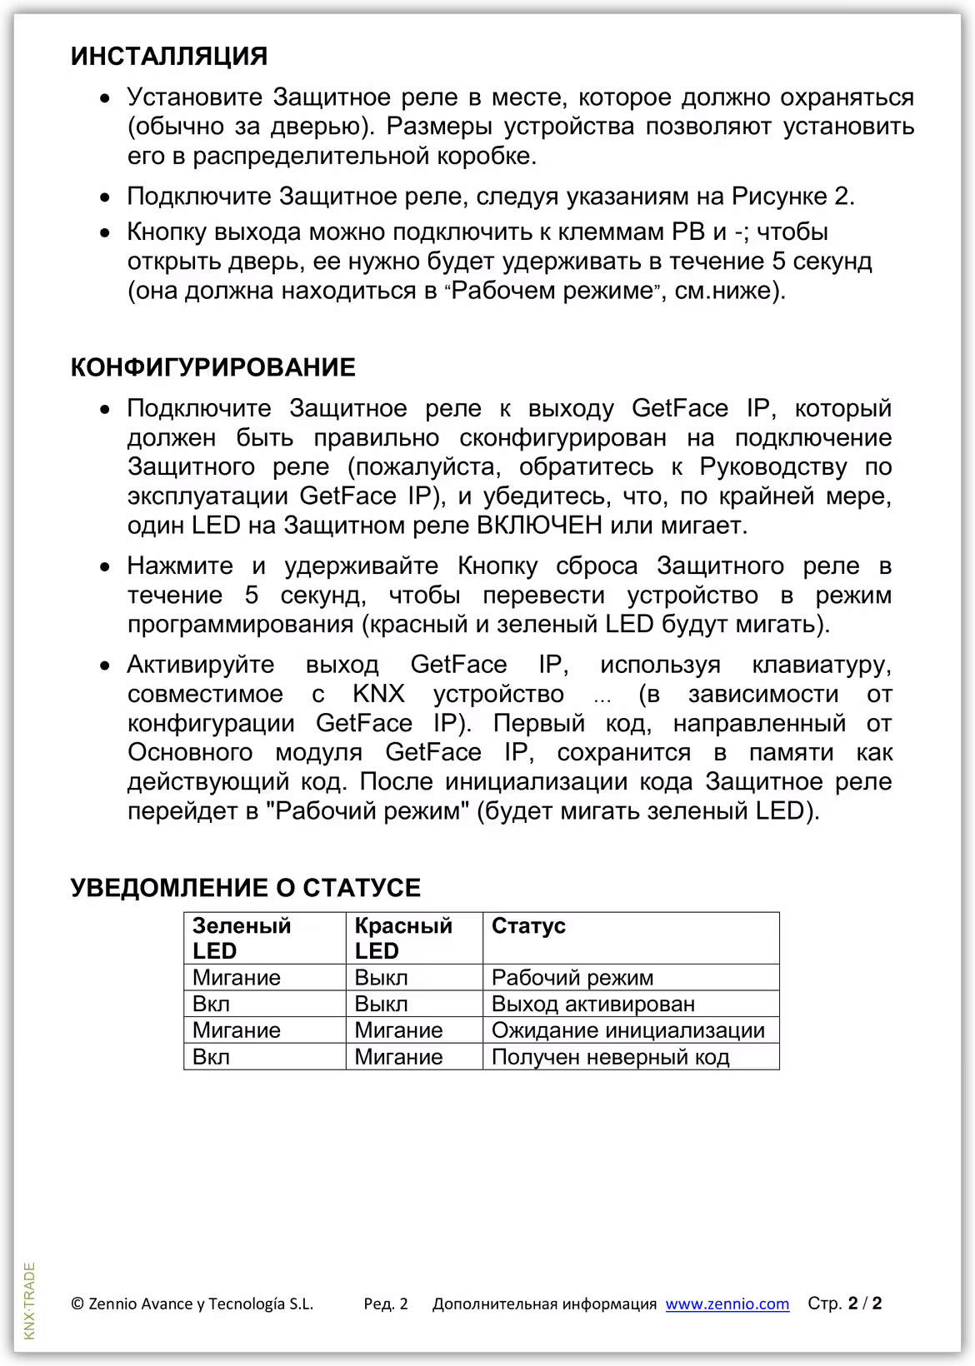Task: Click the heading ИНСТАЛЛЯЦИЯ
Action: [169, 57]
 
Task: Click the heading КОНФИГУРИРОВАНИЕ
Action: [213, 367]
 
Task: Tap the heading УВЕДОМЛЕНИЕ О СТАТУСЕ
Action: [246, 888]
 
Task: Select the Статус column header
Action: [528, 926]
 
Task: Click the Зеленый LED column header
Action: [242, 938]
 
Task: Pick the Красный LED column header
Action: [403, 938]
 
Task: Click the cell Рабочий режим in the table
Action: [572, 977]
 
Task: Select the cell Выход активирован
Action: [592, 1004]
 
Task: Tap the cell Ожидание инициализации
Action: [627, 1030]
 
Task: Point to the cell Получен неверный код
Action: [610, 1057]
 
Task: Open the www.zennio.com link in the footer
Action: [727, 1304]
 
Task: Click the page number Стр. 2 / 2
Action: [844, 1304]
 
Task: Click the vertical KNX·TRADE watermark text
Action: [30, 1300]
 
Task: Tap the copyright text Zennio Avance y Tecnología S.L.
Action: [192, 1304]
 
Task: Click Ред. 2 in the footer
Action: [386, 1304]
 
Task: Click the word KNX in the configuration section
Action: [378, 694]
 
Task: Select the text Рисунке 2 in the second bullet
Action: [792, 197]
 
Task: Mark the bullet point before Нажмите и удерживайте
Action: [105, 567]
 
